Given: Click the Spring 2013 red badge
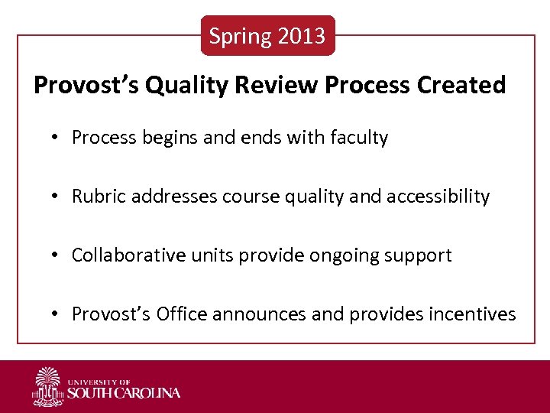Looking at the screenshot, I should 267,36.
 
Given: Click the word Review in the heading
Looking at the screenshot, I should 277,85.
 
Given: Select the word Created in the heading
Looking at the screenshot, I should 461,85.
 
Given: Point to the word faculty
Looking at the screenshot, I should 359,138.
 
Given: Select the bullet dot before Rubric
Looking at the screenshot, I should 56,197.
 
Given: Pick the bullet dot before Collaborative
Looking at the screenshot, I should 56,255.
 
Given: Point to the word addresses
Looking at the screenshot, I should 174,197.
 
